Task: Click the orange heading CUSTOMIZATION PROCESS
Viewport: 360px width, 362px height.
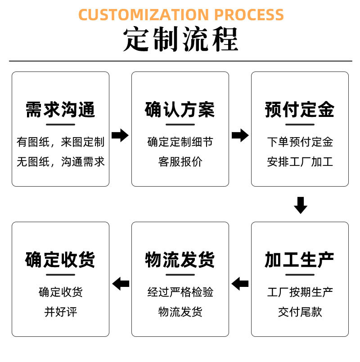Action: pos(181,14)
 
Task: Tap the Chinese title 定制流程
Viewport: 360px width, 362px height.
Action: pos(180,40)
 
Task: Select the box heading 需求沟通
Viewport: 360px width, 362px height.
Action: pos(60,110)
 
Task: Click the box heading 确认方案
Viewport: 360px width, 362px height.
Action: pos(180,110)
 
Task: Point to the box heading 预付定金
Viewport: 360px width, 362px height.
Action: pos(300,110)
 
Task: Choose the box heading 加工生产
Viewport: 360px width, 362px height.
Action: pos(300,260)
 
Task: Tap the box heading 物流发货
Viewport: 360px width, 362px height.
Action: pos(180,260)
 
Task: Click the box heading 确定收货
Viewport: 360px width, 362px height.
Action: pos(60,260)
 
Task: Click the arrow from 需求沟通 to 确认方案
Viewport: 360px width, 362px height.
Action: pos(120,135)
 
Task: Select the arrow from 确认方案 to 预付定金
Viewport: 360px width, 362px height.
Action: pos(240,135)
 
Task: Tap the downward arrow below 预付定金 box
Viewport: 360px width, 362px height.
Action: pos(300,205)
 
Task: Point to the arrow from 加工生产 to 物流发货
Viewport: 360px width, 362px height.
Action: pos(240,284)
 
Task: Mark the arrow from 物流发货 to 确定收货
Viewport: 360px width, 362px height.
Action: pos(120,284)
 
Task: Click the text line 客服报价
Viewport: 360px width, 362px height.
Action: pos(180,162)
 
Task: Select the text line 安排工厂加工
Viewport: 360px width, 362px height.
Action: pos(300,162)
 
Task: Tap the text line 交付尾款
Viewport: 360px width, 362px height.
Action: pos(300,312)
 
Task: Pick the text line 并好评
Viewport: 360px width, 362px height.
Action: pos(60,312)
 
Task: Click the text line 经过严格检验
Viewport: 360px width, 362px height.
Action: pos(180,292)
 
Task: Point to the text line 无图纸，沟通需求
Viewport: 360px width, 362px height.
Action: pos(60,162)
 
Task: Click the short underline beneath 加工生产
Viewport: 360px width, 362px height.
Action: pos(300,274)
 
